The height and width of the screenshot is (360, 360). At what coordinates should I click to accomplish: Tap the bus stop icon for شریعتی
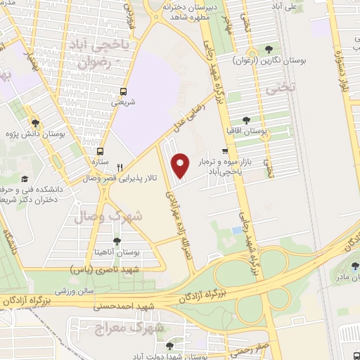124,91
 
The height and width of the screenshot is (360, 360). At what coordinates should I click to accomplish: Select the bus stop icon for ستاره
100,151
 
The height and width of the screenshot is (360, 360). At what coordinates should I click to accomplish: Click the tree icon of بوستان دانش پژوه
35,123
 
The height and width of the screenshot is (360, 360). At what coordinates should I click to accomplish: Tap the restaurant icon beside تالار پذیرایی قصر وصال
120,167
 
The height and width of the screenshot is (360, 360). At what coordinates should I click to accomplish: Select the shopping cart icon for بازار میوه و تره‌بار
225,150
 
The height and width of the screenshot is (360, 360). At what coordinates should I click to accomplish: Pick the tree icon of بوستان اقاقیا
245,121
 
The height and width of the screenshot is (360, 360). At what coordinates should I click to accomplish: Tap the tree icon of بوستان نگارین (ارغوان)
269,49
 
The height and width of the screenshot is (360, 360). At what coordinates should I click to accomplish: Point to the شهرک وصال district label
117,217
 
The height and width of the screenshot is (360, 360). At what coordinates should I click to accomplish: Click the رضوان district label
105,62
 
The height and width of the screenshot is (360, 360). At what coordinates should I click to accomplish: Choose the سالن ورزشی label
56,289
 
